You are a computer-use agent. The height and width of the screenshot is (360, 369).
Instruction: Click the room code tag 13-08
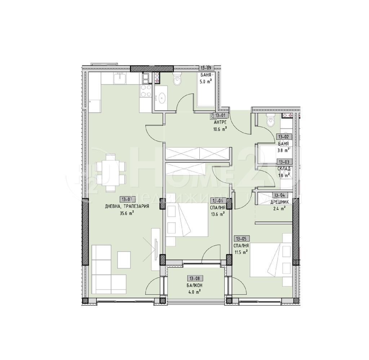click(x=194, y=278)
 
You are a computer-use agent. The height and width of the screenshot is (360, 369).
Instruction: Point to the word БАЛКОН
click(x=194, y=285)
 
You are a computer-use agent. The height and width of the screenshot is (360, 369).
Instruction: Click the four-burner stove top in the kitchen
click(x=146, y=90)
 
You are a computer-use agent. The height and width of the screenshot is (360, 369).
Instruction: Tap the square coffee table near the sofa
click(x=124, y=260)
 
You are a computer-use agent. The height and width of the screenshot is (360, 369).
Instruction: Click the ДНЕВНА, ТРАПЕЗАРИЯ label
click(x=127, y=206)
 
